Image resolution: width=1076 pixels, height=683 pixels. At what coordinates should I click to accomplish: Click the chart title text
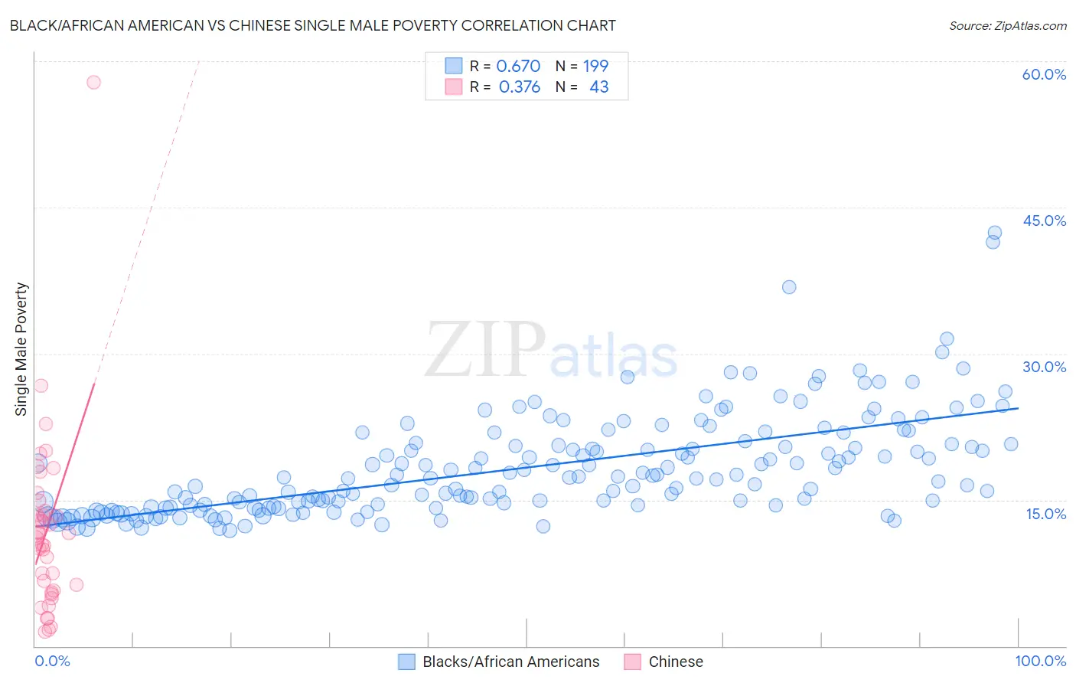pyautogui.click(x=312, y=25)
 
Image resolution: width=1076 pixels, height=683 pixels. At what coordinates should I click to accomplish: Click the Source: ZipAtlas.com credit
pyautogui.click(x=1007, y=25)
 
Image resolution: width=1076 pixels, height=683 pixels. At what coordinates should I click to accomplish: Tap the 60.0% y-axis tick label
pyautogui.click(x=1044, y=74)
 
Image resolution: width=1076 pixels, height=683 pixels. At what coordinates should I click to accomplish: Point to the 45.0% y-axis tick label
pyautogui.click(x=1044, y=221)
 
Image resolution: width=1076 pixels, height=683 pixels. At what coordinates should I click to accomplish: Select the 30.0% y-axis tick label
pyautogui.click(x=1044, y=367)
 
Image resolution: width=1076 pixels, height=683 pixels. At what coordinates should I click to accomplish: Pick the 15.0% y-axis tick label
pyautogui.click(x=1045, y=514)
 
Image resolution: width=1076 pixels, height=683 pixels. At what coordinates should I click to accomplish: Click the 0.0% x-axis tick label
pyautogui.click(x=52, y=661)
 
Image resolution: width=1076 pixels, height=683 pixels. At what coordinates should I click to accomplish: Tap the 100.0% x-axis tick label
pyautogui.click(x=1040, y=661)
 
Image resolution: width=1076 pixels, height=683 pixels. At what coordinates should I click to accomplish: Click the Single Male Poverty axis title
pyautogui.click(x=21, y=349)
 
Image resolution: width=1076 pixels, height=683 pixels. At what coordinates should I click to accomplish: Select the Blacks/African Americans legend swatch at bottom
pyautogui.click(x=406, y=662)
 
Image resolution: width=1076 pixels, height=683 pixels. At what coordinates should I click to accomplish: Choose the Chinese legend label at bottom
pyautogui.click(x=675, y=662)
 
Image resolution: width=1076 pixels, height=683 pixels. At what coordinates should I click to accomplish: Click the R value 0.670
pyautogui.click(x=518, y=67)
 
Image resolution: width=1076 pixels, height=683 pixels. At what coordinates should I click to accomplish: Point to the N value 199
pyautogui.click(x=595, y=67)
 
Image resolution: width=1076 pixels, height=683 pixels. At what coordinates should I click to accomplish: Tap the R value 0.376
pyautogui.click(x=519, y=87)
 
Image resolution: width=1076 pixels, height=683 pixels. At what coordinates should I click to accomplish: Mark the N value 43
pyautogui.click(x=598, y=87)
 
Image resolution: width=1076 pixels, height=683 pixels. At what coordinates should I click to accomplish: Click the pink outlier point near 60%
pyautogui.click(x=93, y=82)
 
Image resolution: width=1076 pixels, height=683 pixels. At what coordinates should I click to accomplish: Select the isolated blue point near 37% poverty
pyautogui.click(x=789, y=287)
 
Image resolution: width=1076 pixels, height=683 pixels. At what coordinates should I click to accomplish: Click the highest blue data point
pyautogui.click(x=994, y=233)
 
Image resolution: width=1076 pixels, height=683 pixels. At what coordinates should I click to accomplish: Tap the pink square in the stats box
pyautogui.click(x=454, y=87)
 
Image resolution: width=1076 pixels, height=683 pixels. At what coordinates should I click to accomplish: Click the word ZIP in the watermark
pyautogui.click(x=484, y=350)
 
